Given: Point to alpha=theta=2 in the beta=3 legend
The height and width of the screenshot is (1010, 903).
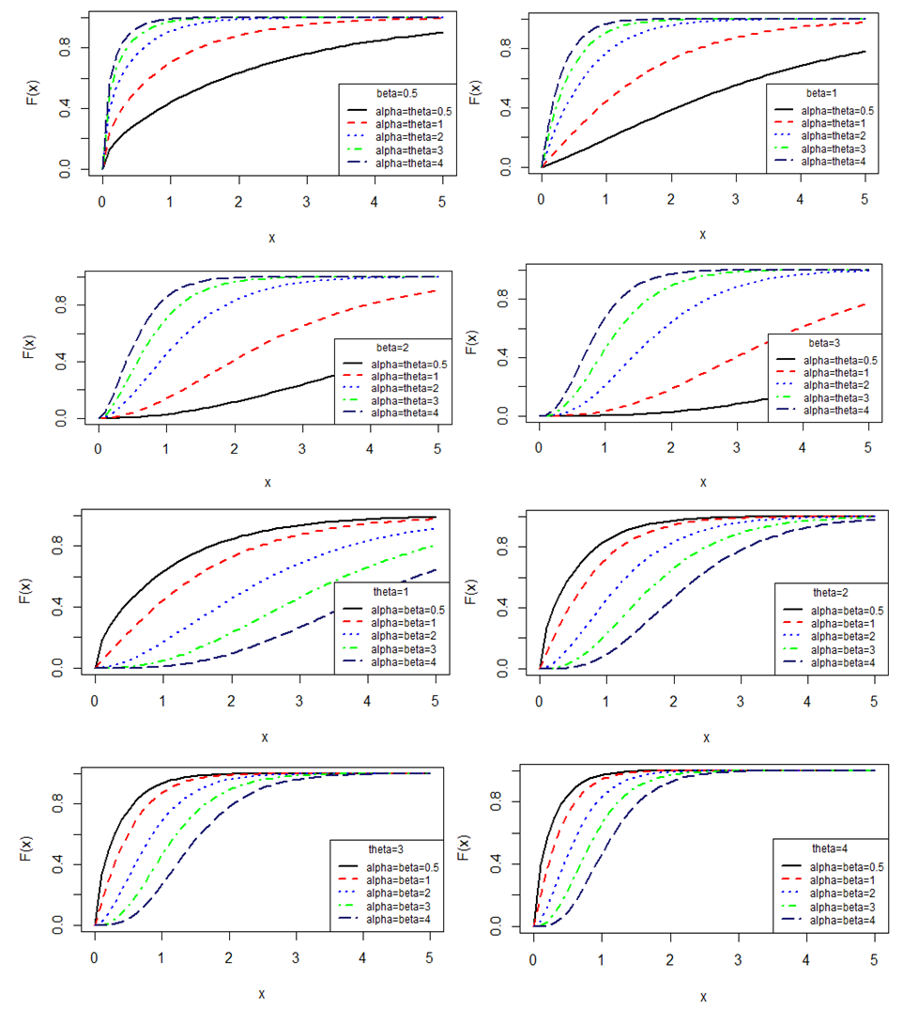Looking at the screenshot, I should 829,385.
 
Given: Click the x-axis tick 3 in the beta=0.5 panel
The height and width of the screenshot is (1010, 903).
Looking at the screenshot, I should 306,202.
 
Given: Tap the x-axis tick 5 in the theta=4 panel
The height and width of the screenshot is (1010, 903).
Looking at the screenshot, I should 873,960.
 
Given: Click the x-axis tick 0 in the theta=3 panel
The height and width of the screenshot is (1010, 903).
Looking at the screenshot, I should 94,959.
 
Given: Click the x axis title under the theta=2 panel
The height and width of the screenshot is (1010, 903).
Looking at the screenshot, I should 703,738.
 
